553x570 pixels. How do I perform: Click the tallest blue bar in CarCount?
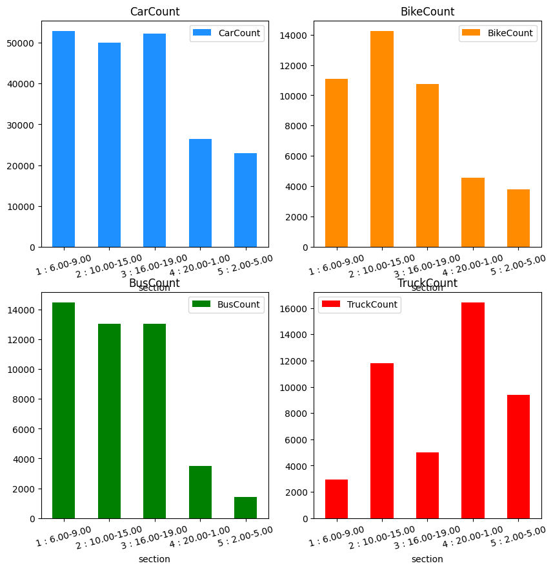pyautogui.click(x=63, y=139)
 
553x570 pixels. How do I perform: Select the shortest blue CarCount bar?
pyautogui.click(x=245, y=200)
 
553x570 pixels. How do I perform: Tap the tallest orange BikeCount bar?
pyautogui.click(x=382, y=139)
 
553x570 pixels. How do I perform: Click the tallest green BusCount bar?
pyautogui.click(x=63, y=410)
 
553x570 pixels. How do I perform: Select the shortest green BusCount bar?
pyautogui.click(x=245, y=508)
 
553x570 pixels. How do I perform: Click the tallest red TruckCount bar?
pyautogui.click(x=473, y=410)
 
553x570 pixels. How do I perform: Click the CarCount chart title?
pyautogui.click(x=155, y=12)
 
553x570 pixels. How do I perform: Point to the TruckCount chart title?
pyautogui.click(x=427, y=283)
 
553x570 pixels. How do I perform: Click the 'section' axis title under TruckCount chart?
pyautogui.click(x=427, y=559)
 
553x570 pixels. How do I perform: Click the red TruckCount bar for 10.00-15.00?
pyautogui.click(x=382, y=441)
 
